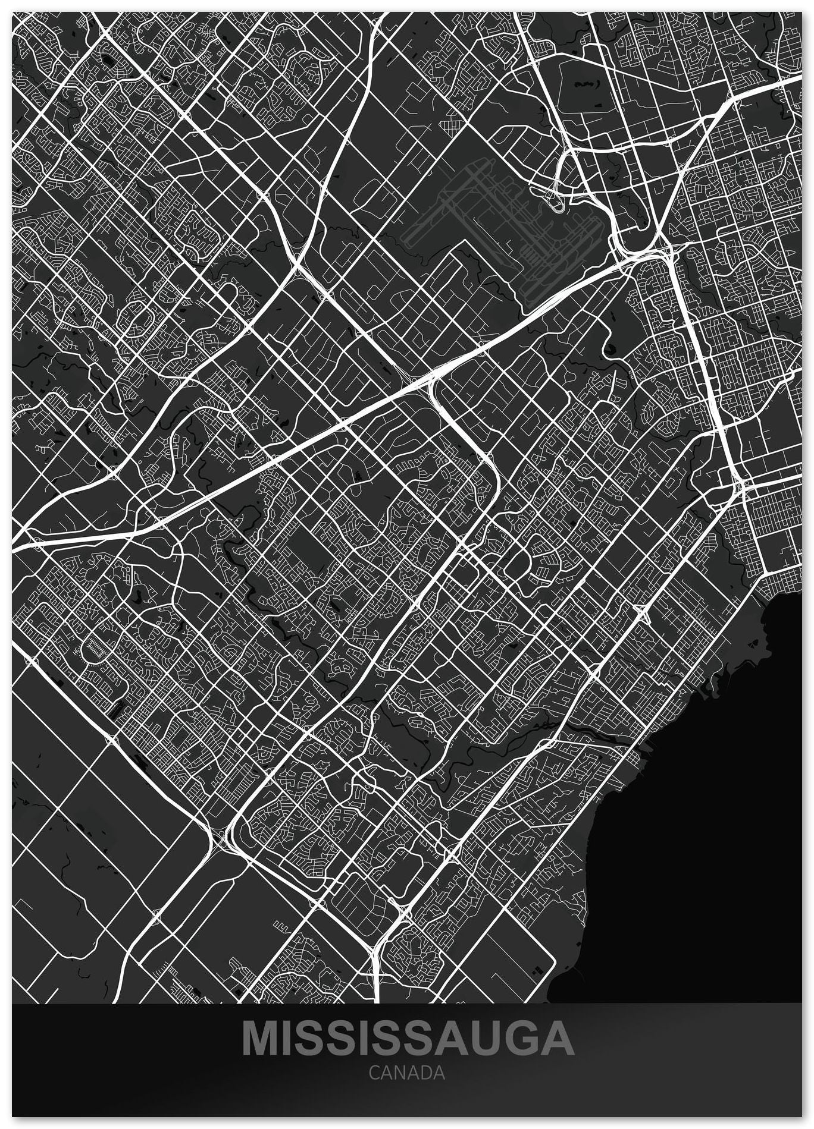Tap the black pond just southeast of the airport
point(611,350)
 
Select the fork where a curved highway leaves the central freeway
point(433,380)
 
